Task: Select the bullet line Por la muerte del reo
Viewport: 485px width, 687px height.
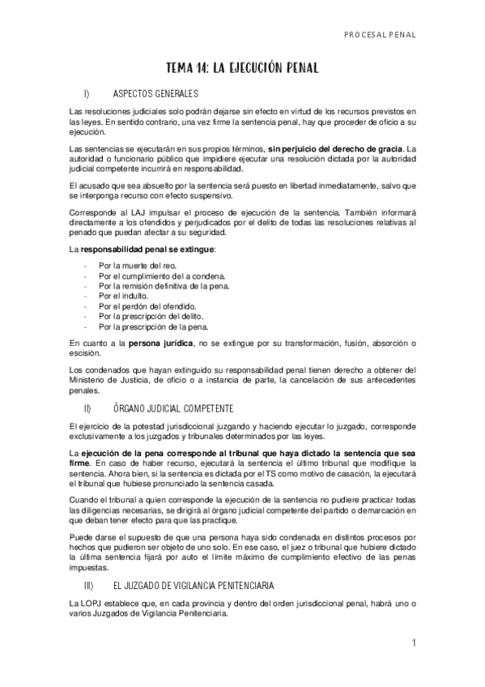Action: click(136, 265)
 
